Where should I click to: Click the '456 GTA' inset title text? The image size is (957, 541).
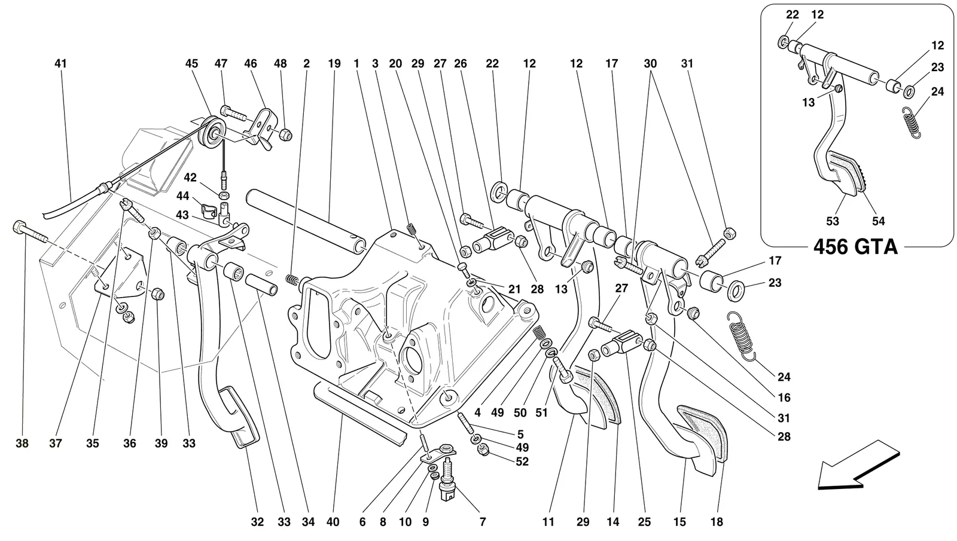[855, 247]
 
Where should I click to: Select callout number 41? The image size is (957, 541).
[60, 63]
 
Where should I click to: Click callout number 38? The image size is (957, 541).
[22, 444]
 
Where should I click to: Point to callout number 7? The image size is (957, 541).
[482, 522]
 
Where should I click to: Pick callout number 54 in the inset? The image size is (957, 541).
[879, 221]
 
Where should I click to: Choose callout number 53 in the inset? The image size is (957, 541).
[833, 221]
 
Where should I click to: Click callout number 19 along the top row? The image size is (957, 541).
[334, 63]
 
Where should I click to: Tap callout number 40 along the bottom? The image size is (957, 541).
[333, 522]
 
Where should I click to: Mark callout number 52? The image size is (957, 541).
[522, 461]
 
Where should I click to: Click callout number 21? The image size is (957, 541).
[514, 289]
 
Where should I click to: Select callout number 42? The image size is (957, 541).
[190, 178]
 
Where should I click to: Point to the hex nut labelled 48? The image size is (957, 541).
[286, 135]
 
